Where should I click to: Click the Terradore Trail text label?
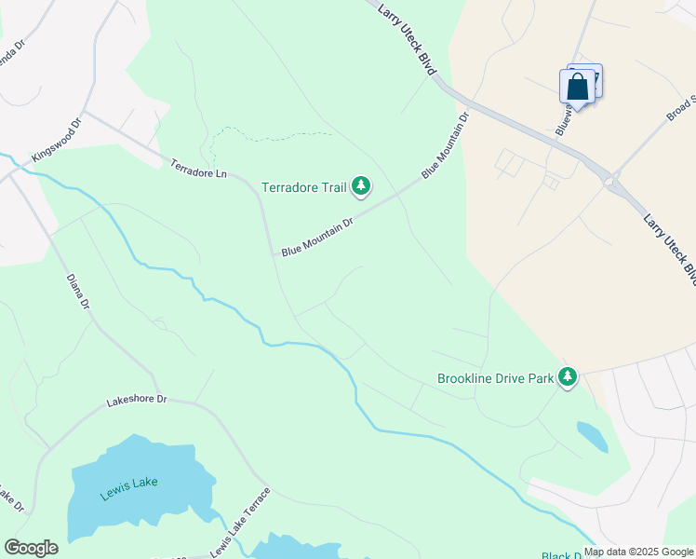pos(303,188)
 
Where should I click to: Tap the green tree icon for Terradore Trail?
pos(361,187)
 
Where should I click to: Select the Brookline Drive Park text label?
pos(495,379)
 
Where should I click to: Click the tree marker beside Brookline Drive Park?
pos(568,377)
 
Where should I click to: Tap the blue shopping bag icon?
pos(577,88)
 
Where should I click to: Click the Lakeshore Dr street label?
pos(136,401)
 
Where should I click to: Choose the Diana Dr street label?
pos(78,291)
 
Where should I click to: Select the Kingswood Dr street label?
pos(57,141)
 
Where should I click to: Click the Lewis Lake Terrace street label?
pos(240,523)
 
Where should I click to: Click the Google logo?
pos(31,548)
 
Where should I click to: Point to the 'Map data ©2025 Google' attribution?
pos(639,552)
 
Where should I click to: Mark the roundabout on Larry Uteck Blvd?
pos(611,182)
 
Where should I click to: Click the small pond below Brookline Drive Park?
pos(593,436)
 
